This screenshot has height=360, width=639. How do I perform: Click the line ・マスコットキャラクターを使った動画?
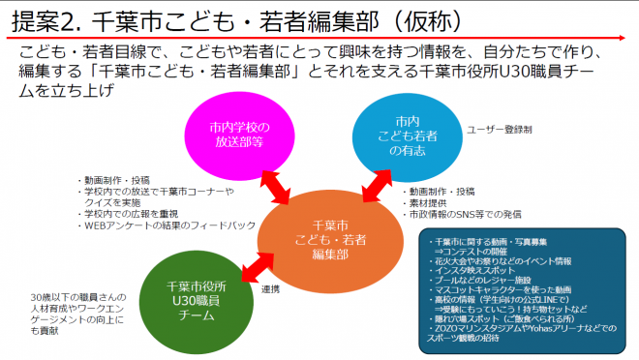coord(505,287)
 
